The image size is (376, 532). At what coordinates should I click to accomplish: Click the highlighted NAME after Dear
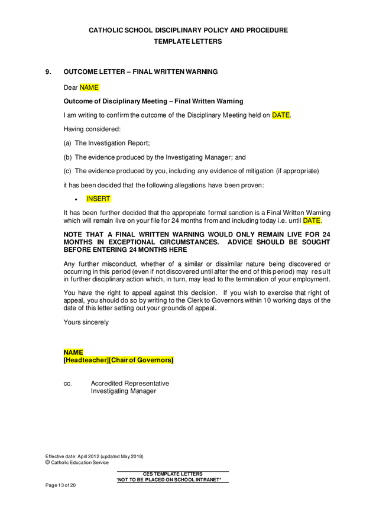[x=89, y=87]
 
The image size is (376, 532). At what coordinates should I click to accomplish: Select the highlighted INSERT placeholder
[x=98, y=199]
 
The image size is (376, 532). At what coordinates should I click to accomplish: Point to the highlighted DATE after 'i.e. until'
[x=312, y=221]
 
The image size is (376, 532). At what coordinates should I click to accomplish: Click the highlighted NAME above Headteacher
[x=73, y=352]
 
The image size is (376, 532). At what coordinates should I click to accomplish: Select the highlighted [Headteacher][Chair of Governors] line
[x=118, y=359]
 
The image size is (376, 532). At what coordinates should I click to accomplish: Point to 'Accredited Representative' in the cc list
[x=129, y=384]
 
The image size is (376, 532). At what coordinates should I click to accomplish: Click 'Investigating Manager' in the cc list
[x=123, y=391]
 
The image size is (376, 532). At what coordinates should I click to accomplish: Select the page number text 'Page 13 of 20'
[x=61, y=485]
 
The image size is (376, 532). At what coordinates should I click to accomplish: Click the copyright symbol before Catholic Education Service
[x=48, y=462]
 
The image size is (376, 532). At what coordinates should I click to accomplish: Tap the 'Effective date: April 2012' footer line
[x=94, y=456]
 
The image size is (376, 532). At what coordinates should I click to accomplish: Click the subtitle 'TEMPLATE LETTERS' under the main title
[x=188, y=41]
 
